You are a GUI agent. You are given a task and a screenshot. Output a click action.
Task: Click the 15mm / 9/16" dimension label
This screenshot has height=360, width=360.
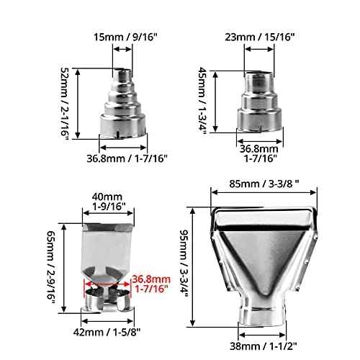coord(125,37)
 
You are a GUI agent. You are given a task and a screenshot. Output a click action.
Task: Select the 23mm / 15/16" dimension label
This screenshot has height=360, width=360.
coord(260,37)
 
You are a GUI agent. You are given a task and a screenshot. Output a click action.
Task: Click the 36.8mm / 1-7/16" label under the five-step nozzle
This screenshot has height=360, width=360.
coord(127,158)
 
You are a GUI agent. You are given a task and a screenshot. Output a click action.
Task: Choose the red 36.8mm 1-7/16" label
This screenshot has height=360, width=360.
coord(151,284)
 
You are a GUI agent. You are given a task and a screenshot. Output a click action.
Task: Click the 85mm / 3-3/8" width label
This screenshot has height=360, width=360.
coord(264,184)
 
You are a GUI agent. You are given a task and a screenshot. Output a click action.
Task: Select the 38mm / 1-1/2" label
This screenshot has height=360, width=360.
coord(264,346)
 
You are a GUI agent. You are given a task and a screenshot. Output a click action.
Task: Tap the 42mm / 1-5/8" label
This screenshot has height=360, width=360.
coord(107,333)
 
